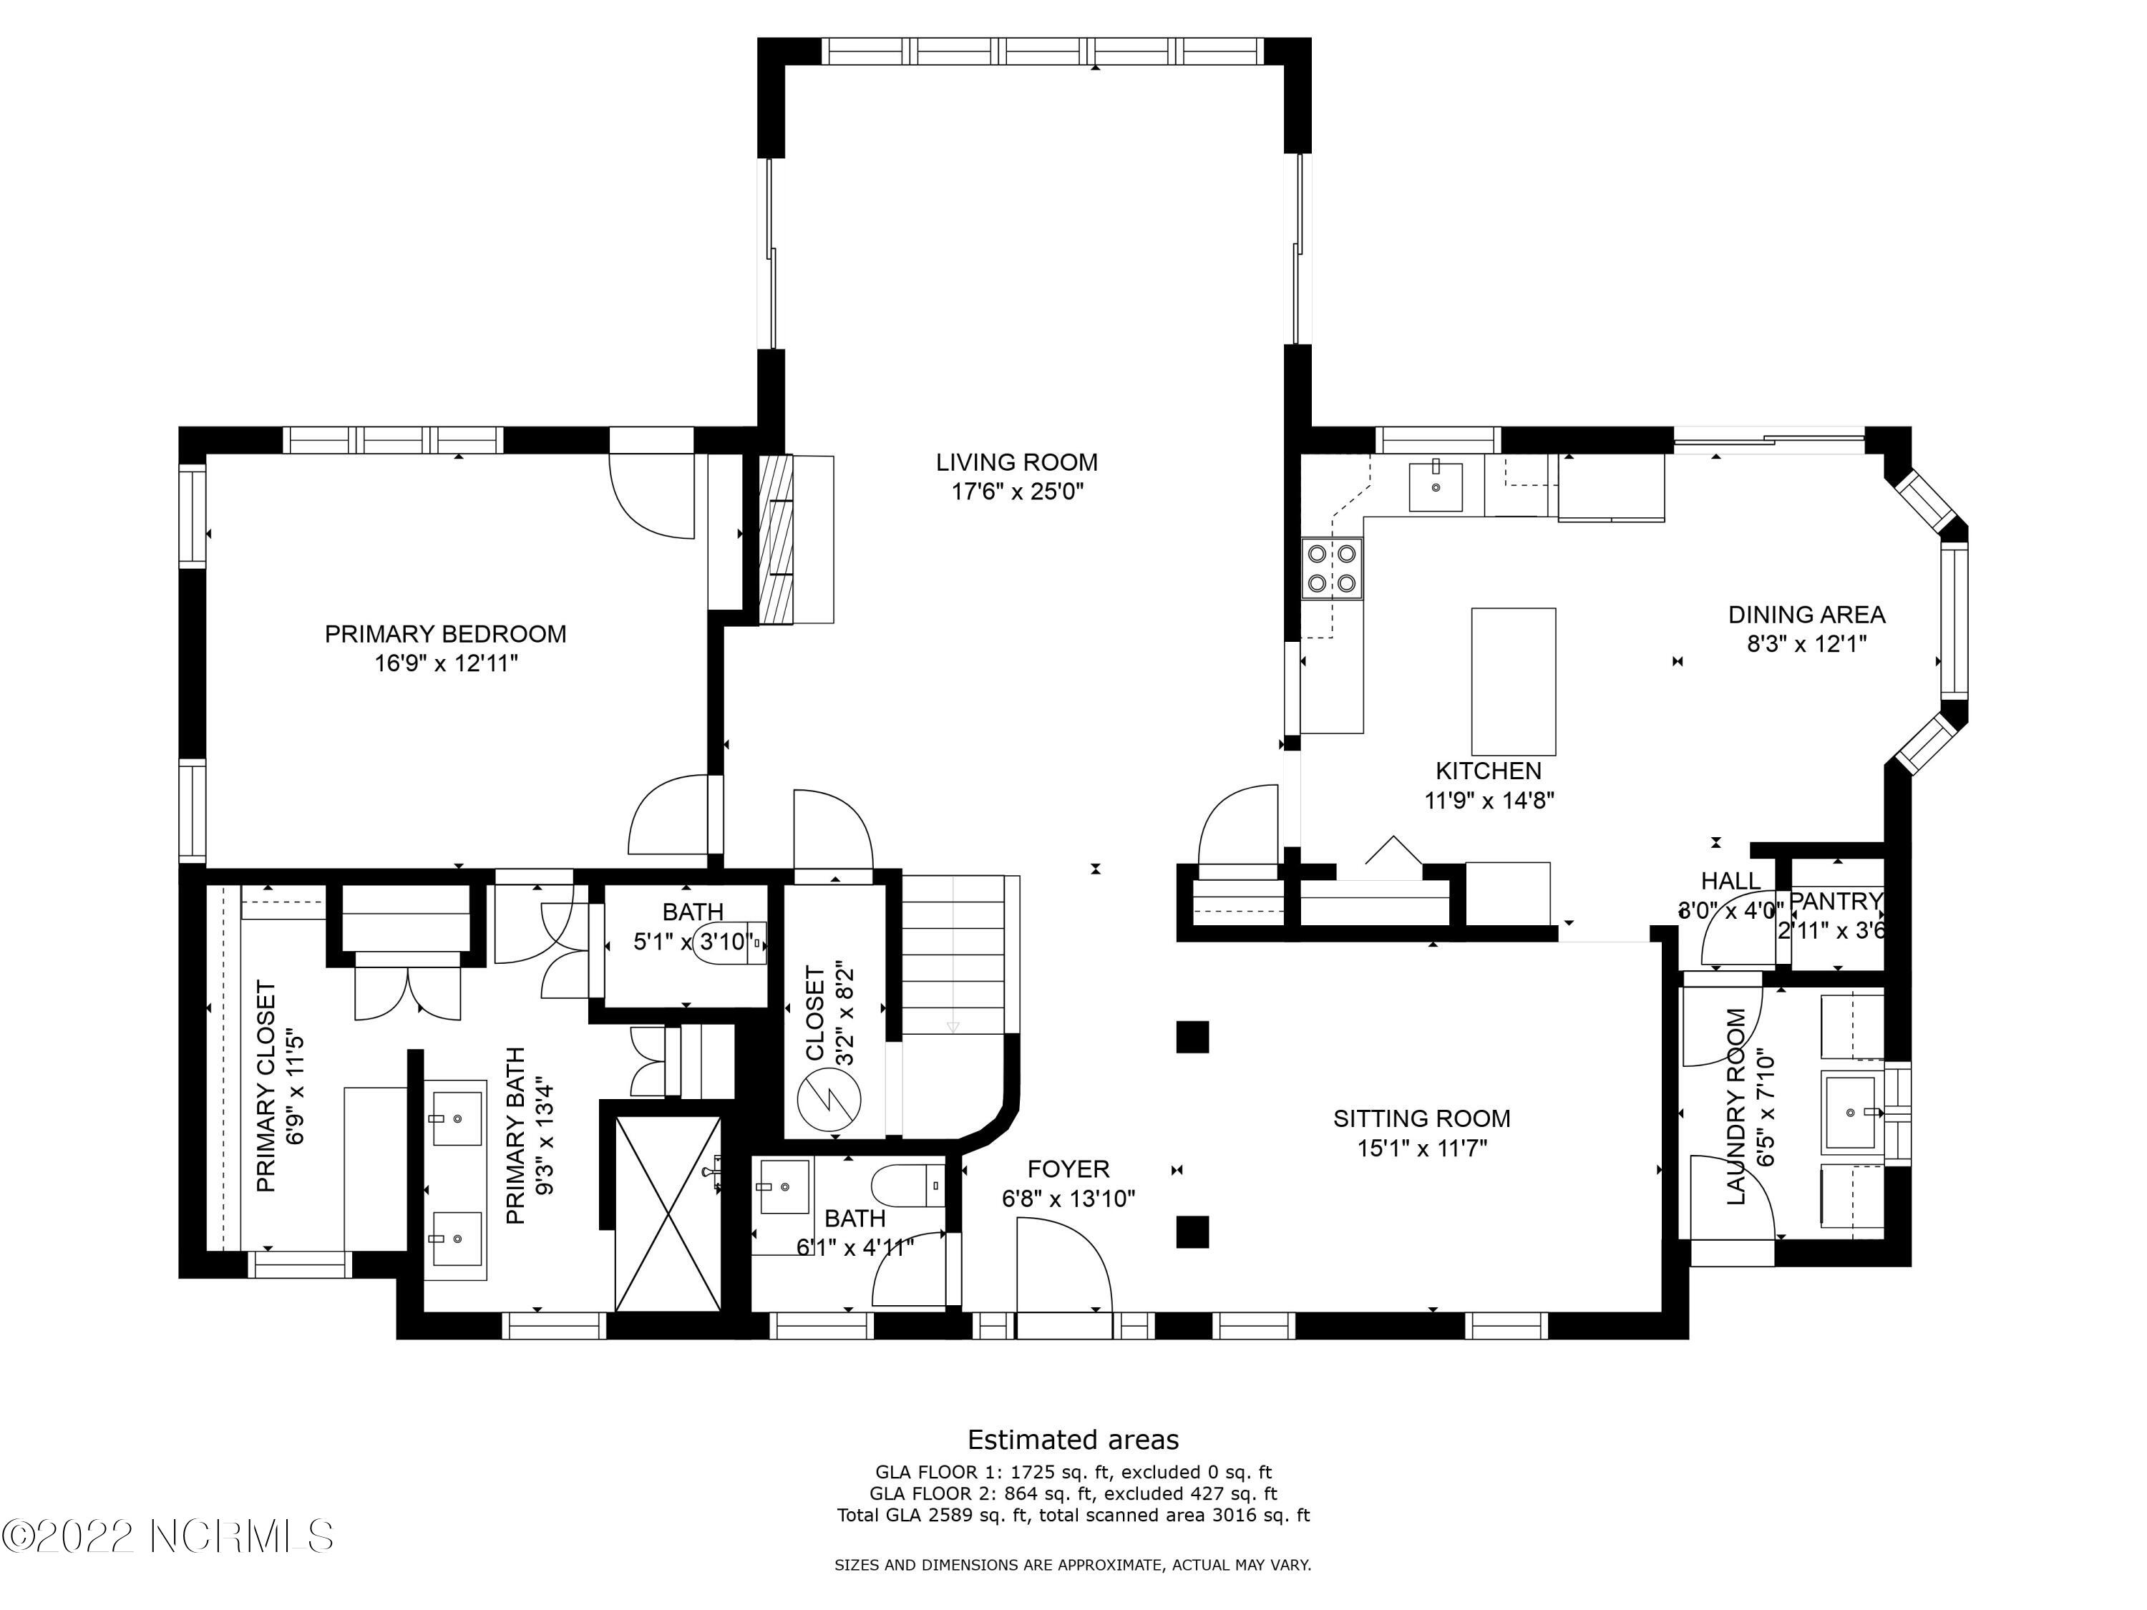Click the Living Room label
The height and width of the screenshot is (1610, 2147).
pos(1016,463)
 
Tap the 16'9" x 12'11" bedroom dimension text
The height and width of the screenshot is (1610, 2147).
pos(446,664)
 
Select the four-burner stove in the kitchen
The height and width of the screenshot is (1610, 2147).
pos(1332,567)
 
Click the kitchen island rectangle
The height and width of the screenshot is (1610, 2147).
pos(1513,681)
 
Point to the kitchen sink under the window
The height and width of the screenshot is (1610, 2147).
pos(1435,486)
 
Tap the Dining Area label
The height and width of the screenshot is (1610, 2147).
pos(1806,614)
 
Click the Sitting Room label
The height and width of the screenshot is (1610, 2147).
pos(1421,1118)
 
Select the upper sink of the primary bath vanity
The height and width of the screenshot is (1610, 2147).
pos(455,1119)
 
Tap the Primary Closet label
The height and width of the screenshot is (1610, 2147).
pos(266,1086)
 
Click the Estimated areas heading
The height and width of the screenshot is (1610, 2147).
pos(1073,1439)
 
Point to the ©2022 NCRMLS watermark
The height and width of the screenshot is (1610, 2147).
pos(167,1536)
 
